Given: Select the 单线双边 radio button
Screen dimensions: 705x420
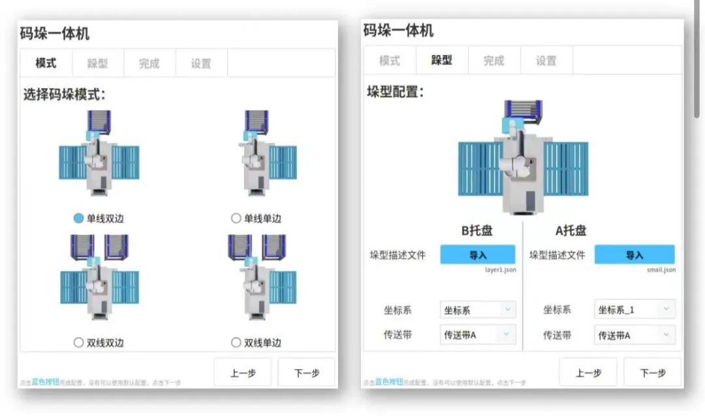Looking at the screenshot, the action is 79,218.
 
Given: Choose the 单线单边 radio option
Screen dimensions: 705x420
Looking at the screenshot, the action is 236,218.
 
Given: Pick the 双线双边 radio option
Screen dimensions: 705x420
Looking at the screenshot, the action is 79,342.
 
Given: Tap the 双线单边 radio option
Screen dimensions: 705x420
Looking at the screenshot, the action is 236,342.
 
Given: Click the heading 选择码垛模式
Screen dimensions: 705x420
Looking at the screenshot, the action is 64,95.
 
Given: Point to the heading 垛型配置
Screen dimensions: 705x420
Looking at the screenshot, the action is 395,91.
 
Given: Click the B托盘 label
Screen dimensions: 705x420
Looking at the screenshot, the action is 478,230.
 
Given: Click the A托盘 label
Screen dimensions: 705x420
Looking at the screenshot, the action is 571,230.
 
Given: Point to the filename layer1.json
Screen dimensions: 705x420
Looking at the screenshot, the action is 500,269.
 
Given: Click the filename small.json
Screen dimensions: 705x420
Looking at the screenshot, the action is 662,269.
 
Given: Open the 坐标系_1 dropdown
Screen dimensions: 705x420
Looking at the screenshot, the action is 634,310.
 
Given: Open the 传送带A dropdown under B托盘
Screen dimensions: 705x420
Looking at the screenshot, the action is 478,335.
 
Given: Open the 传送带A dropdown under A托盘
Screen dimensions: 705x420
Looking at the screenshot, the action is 634,335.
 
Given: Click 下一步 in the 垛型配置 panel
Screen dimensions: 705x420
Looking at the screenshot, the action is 652,372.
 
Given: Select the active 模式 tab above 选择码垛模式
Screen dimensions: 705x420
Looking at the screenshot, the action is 46,63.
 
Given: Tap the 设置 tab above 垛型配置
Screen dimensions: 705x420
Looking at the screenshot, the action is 546,61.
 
